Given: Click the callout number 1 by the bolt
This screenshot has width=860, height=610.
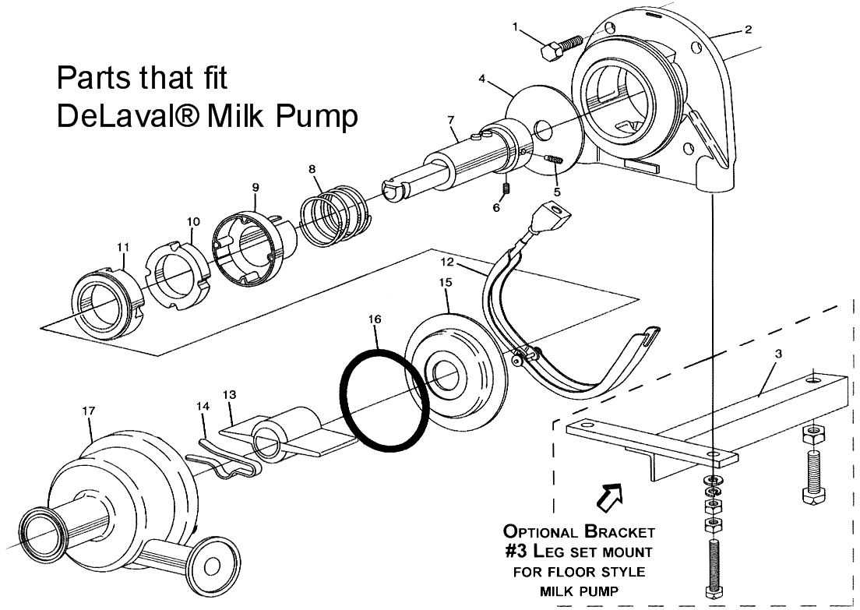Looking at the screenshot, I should click(x=516, y=28).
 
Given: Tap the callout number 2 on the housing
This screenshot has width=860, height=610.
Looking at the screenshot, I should click(x=748, y=30).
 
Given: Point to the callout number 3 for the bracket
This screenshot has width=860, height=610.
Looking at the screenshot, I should click(x=779, y=353).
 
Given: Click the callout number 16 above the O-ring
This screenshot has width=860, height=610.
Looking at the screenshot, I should click(x=375, y=319).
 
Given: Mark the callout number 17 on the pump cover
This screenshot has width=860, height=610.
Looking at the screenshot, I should click(x=86, y=409).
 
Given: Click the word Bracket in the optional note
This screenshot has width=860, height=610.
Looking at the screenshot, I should click(x=615, y=532).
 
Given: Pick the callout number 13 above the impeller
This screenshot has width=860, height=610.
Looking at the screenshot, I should click(x=229, y=394).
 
